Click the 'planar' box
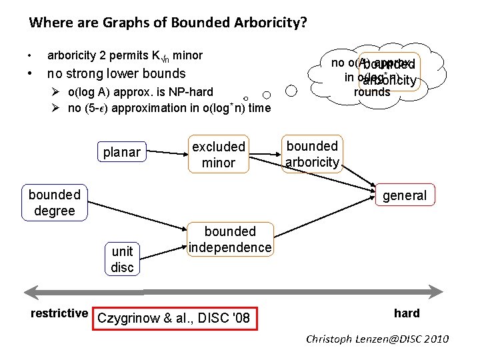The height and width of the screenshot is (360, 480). tap(121, 153)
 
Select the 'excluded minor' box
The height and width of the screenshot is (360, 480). tap(219, 154)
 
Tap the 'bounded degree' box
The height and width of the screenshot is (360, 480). tap(54, 202)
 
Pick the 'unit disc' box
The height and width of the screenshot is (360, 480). tap(122, 259)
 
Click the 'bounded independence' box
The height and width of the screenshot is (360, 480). tap(230, 239)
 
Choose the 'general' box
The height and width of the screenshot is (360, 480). tap(405, 195)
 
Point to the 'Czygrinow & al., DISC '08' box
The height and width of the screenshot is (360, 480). tap(173, 318)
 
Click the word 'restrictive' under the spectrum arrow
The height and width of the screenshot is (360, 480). tap(59, 313)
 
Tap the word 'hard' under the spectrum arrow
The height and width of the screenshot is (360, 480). tap(407, 313)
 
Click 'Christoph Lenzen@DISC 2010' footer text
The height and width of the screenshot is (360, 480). tap(377, 339)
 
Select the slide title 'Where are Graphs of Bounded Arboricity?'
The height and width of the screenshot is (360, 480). tap(168, 23)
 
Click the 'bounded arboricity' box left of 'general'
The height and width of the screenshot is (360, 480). tap(312, 154)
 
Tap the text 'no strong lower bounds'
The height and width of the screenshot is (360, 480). tap(116, 73)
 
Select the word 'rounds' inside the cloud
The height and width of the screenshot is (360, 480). tap(372, 93)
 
